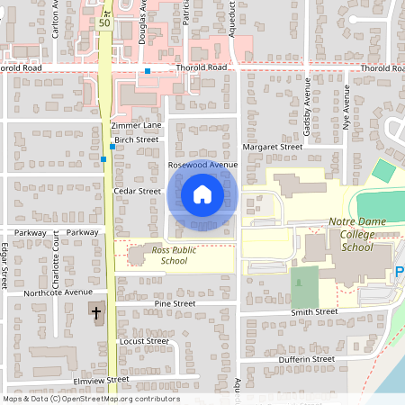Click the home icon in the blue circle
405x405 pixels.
tap(202, 193)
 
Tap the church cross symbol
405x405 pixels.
tap(96, 313)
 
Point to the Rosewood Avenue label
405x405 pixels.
tap(202, 166)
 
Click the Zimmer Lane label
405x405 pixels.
tap(136, 124)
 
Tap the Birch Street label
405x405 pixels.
tap(137, 139)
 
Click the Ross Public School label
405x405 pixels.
tap(161, 255)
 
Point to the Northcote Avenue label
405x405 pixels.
tap(58, 292)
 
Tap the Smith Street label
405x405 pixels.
tap(313, 311)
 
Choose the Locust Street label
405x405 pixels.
tap(144, 341)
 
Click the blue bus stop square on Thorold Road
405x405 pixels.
tap(147, 70)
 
